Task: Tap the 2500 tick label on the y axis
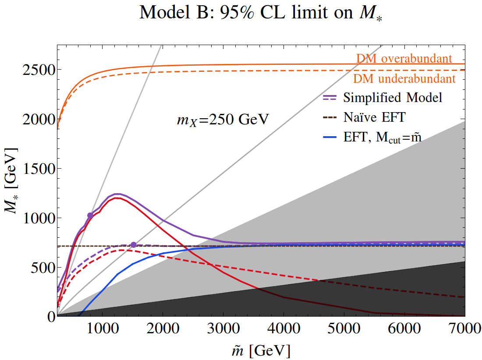click(x=39, y=70)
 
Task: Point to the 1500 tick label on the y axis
click(x=39, y=169)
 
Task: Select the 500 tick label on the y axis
click(x=43, y=268)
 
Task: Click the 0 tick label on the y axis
click(x=51, y=317)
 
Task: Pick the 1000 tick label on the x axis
click(x=103, y=328)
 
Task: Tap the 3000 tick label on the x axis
click(x=223, y=328)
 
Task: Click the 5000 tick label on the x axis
click(x=344, y=328)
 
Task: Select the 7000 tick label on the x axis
click(x=465, y=328)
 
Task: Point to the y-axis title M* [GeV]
click(x=11, y=180)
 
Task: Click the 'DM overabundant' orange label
click(x=404, y=58)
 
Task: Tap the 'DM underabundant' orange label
click(x=404, y=79)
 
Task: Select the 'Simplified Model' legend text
click(x=393, y=98)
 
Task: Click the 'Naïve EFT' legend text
click(x=374, y=117)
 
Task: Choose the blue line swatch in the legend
click(x=330, y=138)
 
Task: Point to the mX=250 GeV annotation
click(x=223, y=120)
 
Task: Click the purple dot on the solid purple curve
click(x=90, y=215)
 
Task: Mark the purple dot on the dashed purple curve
click(x=133, y=245)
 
